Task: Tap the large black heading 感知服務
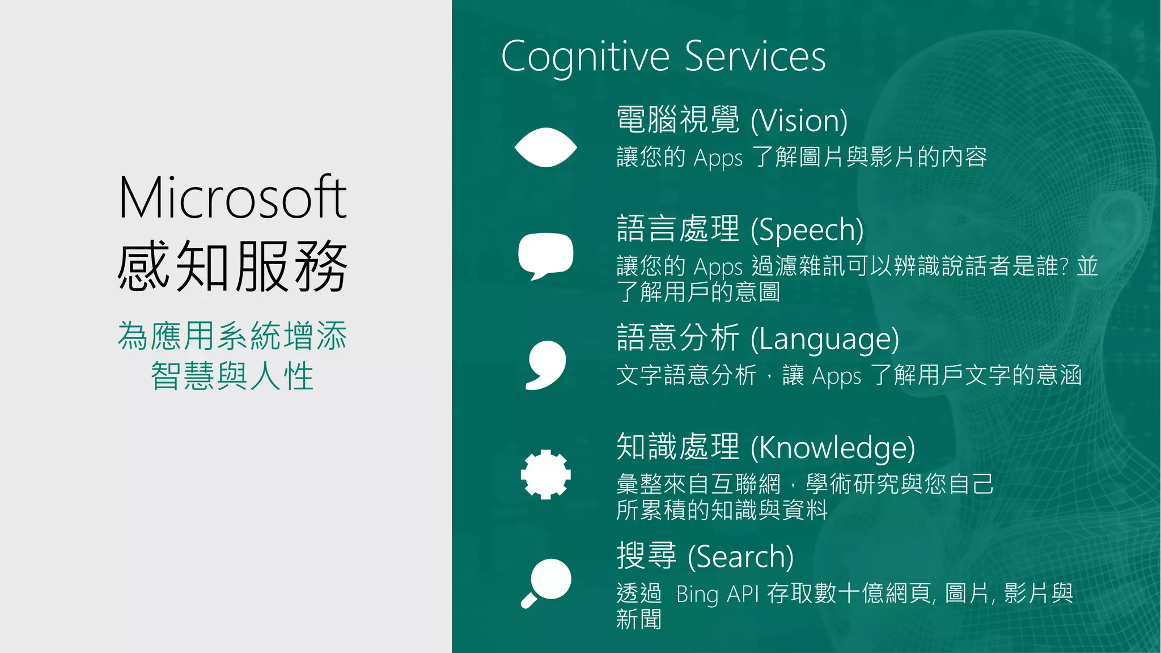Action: coord(232,265)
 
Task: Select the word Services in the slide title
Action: coord(755,57)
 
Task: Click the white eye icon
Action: coord(545,147)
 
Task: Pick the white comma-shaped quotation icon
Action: coord(545,365)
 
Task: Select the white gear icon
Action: coord(545,474)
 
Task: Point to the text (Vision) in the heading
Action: coord(799,121)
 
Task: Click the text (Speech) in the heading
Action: coord(807,230)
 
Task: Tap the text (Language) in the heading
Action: coord(825,339)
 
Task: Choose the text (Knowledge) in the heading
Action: coord(833,448)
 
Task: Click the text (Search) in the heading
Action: coord(740,557)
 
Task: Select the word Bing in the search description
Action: coord(697,594)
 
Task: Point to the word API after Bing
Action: coord(743,594)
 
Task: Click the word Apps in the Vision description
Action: coord(718,158)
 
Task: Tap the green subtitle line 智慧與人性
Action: coord(232,376)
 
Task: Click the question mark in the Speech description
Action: coord(1063,266)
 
